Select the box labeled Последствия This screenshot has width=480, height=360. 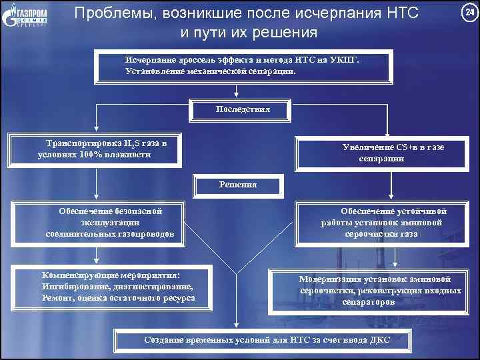(x=242, y=109)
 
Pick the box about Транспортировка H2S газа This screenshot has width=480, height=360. (x=95, y=149)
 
